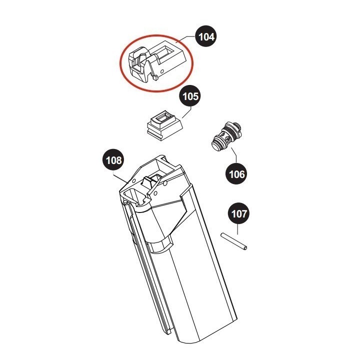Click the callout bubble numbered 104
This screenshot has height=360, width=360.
206,36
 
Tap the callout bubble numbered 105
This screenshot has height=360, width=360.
190,95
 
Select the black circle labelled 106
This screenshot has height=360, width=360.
236,173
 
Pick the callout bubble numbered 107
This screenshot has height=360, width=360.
239,213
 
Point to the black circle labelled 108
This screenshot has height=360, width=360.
113,160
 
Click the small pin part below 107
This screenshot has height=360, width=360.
233,241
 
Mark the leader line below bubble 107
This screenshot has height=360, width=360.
237,229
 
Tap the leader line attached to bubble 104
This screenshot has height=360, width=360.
186,39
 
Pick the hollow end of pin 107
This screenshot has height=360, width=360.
245,248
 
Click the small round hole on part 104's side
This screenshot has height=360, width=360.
162,70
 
